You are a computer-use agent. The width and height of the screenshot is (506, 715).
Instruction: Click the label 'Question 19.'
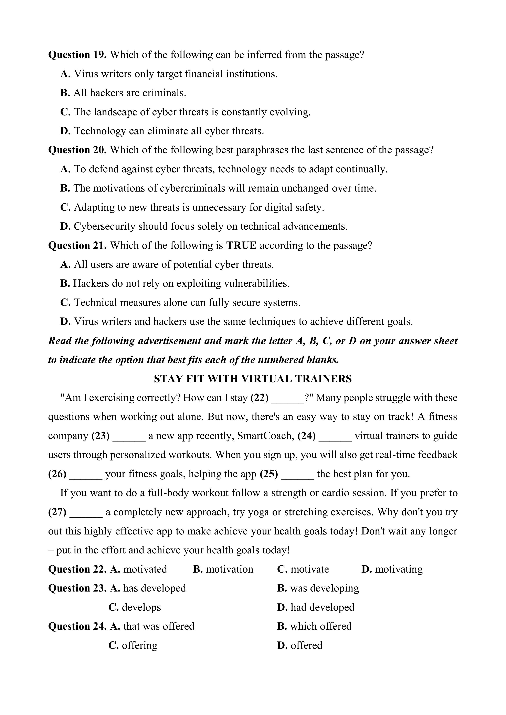click(77, 55)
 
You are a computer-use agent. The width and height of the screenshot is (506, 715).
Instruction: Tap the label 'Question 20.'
click(77, 150)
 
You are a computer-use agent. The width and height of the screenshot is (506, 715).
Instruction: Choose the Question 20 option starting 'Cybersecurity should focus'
click(204, 226)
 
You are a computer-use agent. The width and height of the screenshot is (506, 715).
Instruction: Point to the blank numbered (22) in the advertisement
click(288, 398)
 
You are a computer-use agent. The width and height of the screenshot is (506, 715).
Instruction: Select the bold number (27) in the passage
click(57, 512)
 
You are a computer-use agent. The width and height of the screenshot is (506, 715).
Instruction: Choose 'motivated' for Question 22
click(145, 570)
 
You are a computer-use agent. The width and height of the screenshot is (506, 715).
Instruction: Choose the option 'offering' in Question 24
click(139, 646)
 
